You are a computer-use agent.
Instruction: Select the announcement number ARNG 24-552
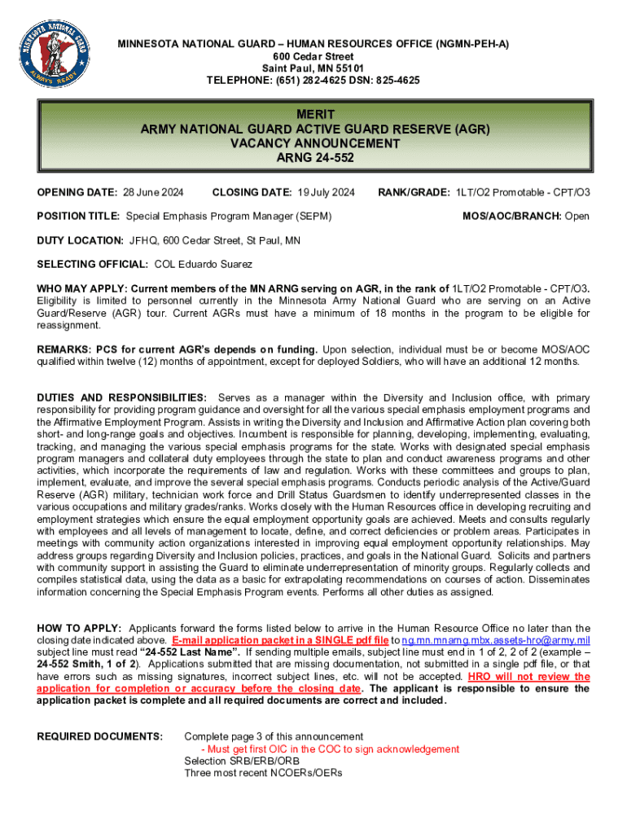313,157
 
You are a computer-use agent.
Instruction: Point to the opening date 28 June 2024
153,193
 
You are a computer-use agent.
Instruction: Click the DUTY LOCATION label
80,241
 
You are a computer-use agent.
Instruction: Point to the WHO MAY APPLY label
82,289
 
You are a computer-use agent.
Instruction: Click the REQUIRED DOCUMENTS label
100,737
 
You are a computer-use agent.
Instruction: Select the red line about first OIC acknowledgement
331,749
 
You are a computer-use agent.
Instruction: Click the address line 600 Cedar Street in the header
313,56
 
